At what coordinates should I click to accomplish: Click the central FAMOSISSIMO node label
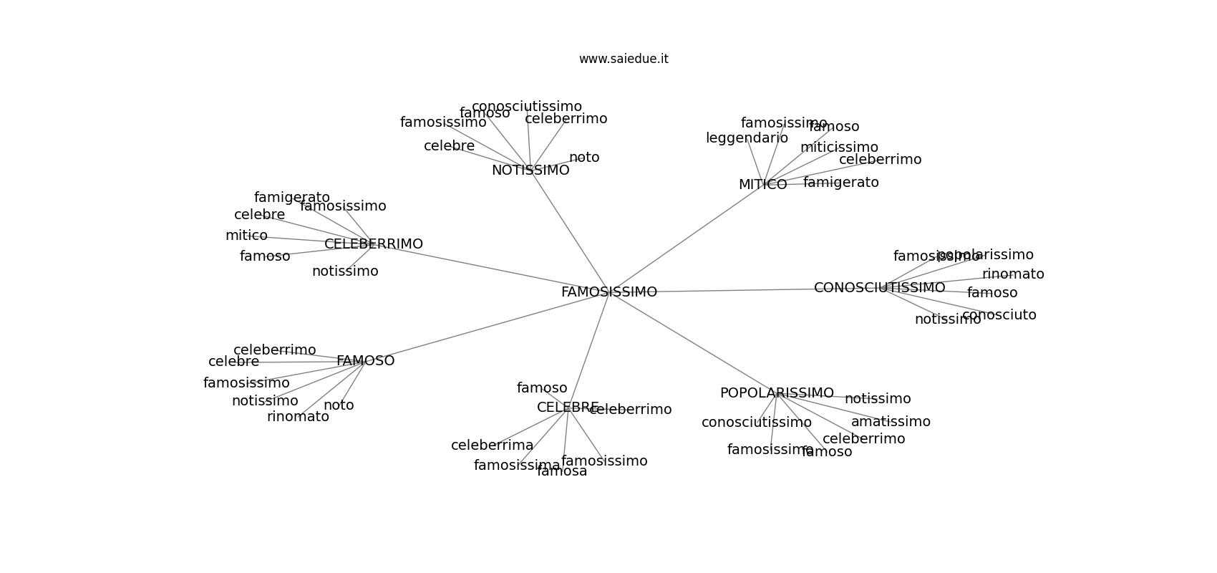click(608, 292)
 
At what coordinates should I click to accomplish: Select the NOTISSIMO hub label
click(530, 170)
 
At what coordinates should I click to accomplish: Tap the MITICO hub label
click(762, 185)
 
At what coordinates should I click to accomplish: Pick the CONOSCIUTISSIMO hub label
click(879, 288)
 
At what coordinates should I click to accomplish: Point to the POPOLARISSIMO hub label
click(776, 393)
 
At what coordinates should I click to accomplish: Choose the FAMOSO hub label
click(365, 361)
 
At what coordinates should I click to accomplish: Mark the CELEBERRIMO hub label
click(373, 244)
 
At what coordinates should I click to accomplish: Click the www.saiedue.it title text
click(624, 59)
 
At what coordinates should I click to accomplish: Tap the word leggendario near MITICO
click(747, 138)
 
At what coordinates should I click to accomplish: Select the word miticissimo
click(839, 148)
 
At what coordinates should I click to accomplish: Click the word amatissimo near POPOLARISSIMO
click(891, 422)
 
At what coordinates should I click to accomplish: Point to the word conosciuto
click(999, 315)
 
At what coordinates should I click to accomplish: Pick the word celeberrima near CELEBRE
click(492, 446)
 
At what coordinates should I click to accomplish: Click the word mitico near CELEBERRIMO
click(246, 236)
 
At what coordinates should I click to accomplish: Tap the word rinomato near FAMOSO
click(298, 417)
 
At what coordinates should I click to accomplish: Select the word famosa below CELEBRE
click(562, 471)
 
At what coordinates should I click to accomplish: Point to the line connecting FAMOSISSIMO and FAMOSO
click(487, 327)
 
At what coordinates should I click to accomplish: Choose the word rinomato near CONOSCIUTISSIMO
click(1013, 274)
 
